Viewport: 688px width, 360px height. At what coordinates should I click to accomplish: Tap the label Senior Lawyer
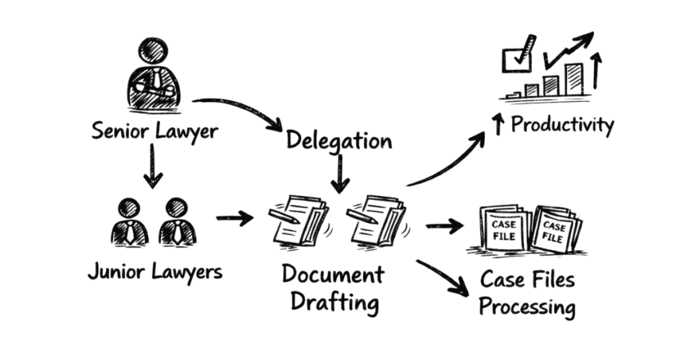click(155, 130)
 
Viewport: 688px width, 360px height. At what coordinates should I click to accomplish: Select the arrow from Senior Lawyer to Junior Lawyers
click(154, 165)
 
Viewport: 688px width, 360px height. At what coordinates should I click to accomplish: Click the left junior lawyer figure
click(129, 222)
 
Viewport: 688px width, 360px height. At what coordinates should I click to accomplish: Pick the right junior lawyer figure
click(177, 222)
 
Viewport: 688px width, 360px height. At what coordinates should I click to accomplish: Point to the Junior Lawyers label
click(155, 272)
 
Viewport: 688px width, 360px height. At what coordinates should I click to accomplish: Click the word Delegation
click(339, 140)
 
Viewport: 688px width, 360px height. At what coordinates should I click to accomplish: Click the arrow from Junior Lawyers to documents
click(234, 218)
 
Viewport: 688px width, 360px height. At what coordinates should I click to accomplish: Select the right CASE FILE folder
click(556, 229)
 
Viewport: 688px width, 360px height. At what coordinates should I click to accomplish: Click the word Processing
click(527, 308)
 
